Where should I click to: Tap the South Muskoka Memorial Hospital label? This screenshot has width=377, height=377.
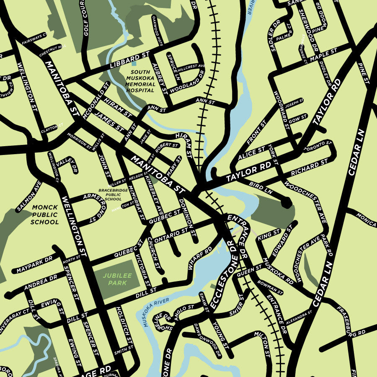tap(140, 81)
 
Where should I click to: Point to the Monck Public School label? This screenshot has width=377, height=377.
tap(45, 214)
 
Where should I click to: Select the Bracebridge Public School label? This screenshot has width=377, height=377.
tap(110, 194)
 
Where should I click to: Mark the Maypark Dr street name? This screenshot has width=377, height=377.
tap(35, 265)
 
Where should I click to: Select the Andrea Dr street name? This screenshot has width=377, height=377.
tap(40, 282)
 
